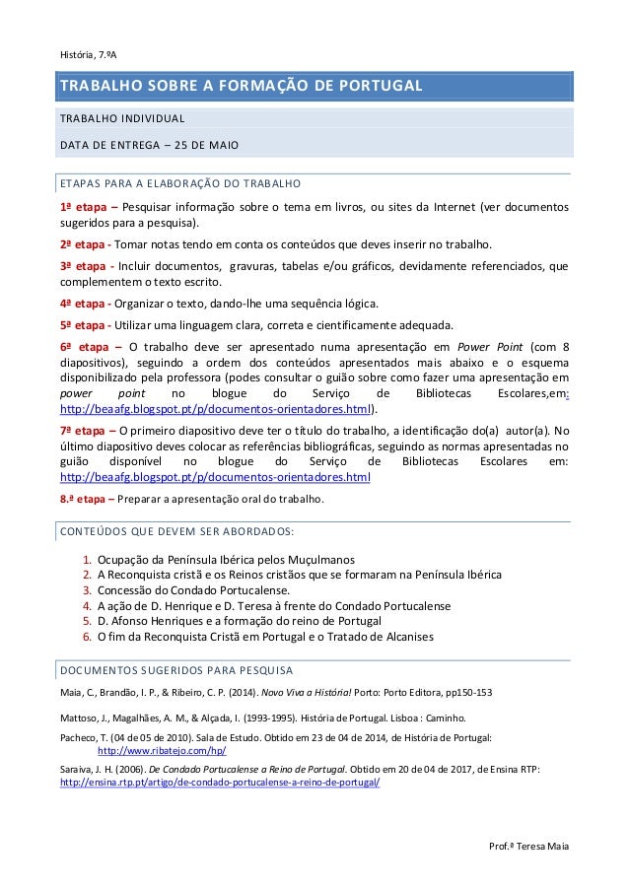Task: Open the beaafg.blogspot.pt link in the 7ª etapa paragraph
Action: pyautogui.click(x=215, y=477)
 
